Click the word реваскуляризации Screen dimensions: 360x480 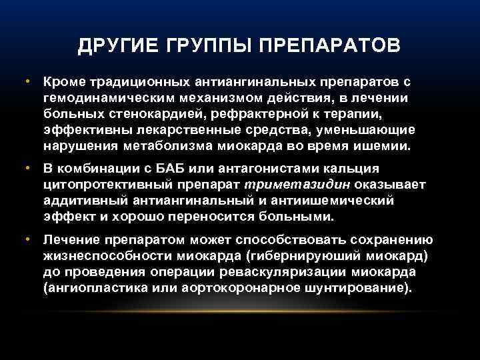coord(279,271)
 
